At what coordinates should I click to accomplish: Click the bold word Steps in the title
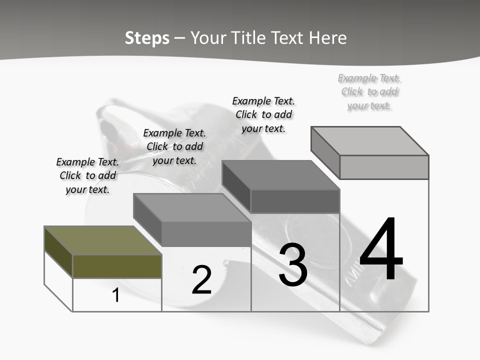pyautogui.click(x=147, y=38)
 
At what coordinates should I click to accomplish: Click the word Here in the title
pyautogui.click(x=327, y=38)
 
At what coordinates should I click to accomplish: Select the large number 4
pyautogui.click(x=381, y=250)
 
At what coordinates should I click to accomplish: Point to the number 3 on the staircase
pyautogui.click(x=293, y=265)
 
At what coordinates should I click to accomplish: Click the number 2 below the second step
pyautogui.click(x=201, y=280)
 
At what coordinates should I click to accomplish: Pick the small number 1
pyautogui.click(x=116, y=295)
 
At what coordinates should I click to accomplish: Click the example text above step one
pyautogui.click(x=87, y=175)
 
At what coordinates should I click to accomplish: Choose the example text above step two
pyautogui.click(x=174, y=146)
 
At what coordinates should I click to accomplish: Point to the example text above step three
pyautogui.click(x=263, y=114)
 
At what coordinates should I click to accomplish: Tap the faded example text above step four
pyautogui.click(x=369, y=91)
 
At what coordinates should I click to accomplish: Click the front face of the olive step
pyautogui.click(x=117, y=266)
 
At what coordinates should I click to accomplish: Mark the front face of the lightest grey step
pyautogui.click(x=384, y=167)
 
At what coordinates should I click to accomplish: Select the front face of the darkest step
pyautogui.click(x=295, y=201)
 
